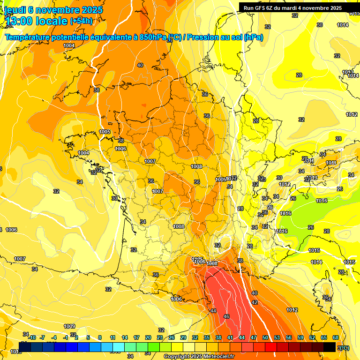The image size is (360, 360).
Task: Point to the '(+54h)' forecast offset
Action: coord(82,21)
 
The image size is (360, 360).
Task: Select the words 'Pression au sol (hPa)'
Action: coord(225,37)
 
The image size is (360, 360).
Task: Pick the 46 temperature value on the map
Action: coord(226,316)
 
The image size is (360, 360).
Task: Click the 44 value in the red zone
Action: coord(213,311)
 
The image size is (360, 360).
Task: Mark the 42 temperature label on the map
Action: coord(255,302)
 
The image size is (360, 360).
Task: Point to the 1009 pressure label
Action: coord(69,326)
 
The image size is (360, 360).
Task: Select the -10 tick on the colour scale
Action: coord(32,337)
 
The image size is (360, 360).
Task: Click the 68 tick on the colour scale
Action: coord(336,337)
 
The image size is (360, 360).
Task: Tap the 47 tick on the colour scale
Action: coord(254,337)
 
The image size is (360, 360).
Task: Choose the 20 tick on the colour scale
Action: coord(148,337)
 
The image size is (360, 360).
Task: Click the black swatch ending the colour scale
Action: coord(330,347)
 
